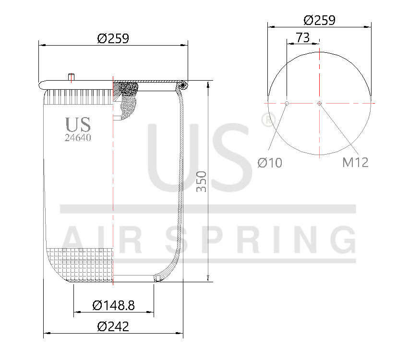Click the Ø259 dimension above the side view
point(113,38)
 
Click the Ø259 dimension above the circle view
point(319,20)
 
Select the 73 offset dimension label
point(303,38)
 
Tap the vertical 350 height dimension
point(202,181)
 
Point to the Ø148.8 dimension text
point(113,305)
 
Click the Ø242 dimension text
point(113,327)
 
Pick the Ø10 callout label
point(270,163)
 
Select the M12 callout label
point(355,163)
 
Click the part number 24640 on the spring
point(78,138)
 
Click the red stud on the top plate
point(72,77)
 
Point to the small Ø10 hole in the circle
point(287,103)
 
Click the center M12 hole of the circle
point(320,103)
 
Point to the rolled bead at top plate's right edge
point(182,85)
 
